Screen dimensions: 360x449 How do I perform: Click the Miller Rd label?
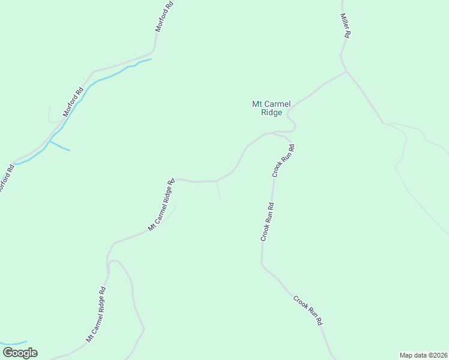click(x=345, y=26)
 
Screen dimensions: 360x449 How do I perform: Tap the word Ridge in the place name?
click(x=271, y=112)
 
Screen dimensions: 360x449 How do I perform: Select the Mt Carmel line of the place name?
click(x=271, y=104)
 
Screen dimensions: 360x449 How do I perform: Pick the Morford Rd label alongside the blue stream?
click(x=73, y=102)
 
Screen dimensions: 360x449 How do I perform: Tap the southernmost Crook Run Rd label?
click(x=308, y=310)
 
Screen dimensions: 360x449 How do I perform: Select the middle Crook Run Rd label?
click(x=268, y=222)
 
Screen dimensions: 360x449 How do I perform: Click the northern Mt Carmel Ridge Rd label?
click(x=161, y=205)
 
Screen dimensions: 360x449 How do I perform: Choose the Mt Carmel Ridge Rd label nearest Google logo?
click(x=96, y=314)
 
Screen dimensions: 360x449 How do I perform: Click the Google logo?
click(x=19, y=353)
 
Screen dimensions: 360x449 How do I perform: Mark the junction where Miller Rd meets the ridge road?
click(x=347, y=71)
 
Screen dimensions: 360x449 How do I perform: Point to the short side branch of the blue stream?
click(x=60, y=146)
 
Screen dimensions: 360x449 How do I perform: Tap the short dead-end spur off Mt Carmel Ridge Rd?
click(x=218, y=191)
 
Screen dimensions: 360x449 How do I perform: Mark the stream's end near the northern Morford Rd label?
click(x=151, y=59)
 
